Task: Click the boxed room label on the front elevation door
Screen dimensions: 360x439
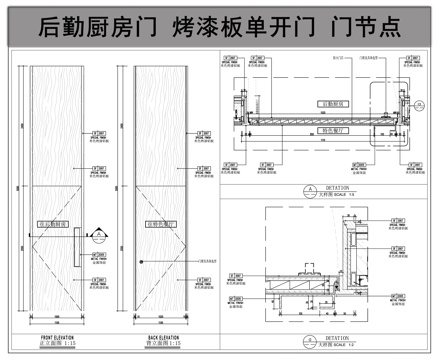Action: pos(56,225)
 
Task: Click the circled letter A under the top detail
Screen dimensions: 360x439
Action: pos(311,188)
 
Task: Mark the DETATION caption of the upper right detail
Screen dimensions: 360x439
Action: pos(337,186)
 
